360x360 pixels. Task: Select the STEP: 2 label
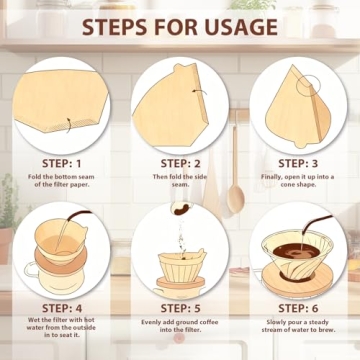tap(180, 164)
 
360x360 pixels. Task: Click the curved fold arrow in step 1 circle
tap(66, 125)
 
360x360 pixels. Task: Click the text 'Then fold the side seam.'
tap(180, 183)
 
